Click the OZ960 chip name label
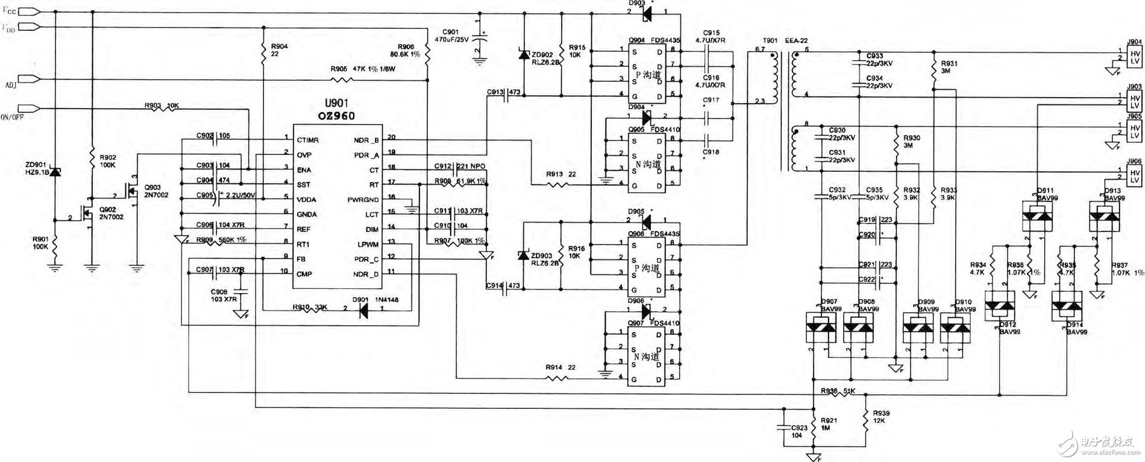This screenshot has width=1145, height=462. tap(336, 116)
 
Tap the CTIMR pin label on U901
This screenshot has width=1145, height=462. tap(307, 140)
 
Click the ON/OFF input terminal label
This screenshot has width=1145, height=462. tap(12, 117)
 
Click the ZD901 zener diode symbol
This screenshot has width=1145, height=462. tap(55, 172)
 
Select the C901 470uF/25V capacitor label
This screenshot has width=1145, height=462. tap(459, 36)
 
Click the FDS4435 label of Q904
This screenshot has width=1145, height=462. tap(665, 40)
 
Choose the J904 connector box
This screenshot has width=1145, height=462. tap(1134, 58)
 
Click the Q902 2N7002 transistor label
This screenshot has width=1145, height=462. tap(111, 214)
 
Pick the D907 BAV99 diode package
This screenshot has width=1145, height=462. tap(821, 327)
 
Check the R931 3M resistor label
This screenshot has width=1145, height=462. tap(949, 67)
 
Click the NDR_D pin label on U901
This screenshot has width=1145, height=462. tap(366, 274)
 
